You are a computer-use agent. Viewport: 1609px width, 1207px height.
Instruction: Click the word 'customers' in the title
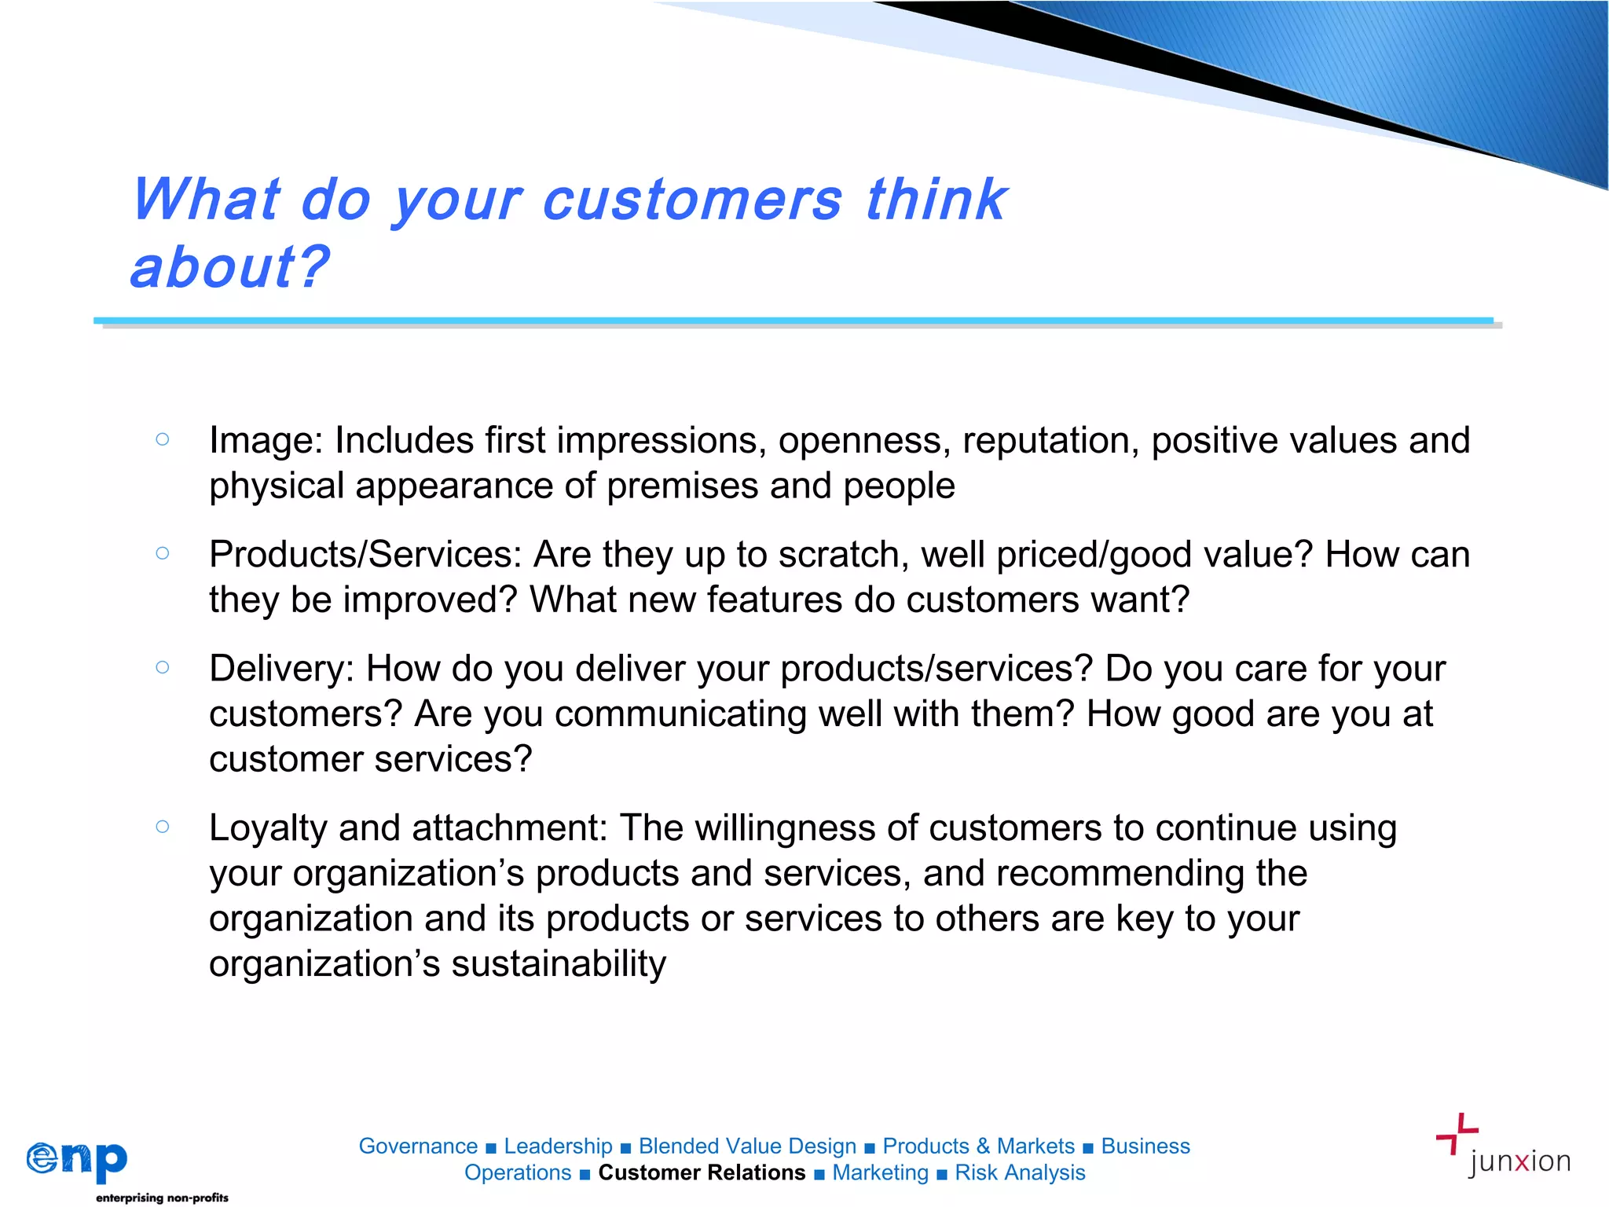(x=692, y=200)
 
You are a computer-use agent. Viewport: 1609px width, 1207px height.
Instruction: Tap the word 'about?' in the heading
(x=230, y=268)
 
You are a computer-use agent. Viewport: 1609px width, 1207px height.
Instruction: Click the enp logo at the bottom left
(x=77, y=1160)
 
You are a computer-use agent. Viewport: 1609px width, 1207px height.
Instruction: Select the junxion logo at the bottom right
(x=1502, y=1147)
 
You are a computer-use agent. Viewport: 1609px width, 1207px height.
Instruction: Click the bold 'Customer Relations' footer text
(x=702, y=1172)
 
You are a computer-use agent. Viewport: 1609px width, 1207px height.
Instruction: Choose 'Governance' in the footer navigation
(x=418, y=1146)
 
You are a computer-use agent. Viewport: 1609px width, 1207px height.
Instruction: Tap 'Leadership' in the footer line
(x=558, y=1146)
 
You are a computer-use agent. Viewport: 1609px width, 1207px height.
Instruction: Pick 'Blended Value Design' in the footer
(x=747, y=1146)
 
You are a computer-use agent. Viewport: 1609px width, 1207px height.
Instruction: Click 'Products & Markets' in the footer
(x=978, y=1146)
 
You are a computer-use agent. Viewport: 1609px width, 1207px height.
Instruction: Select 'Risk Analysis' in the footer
(x=1020, y=1172)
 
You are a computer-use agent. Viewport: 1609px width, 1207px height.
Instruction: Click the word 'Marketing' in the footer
(x=880, y=1172)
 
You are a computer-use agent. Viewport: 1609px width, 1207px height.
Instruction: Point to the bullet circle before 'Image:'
(x=163, y=439)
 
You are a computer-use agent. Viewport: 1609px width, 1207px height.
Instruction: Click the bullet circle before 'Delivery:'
(x=163, y=667)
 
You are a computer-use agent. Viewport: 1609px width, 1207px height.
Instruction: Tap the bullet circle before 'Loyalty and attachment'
(x=163, y=826)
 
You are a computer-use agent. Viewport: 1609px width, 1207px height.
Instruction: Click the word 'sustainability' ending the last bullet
(x=559, y=964)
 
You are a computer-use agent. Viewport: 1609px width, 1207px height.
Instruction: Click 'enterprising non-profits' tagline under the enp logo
(x=162, y=1198)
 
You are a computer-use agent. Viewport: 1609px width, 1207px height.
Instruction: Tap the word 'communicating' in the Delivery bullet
(x=680, y=714)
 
